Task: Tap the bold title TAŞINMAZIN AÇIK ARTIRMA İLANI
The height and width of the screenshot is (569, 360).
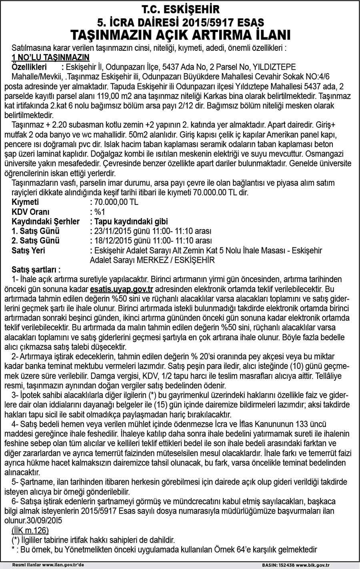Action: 180,35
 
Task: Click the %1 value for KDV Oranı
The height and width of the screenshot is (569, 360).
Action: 98,212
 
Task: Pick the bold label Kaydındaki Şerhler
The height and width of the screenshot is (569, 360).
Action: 46,221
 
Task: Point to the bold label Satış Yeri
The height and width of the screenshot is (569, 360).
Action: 28,250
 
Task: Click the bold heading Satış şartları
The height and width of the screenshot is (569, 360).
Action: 36,270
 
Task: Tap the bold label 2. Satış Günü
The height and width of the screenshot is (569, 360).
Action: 36,241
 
